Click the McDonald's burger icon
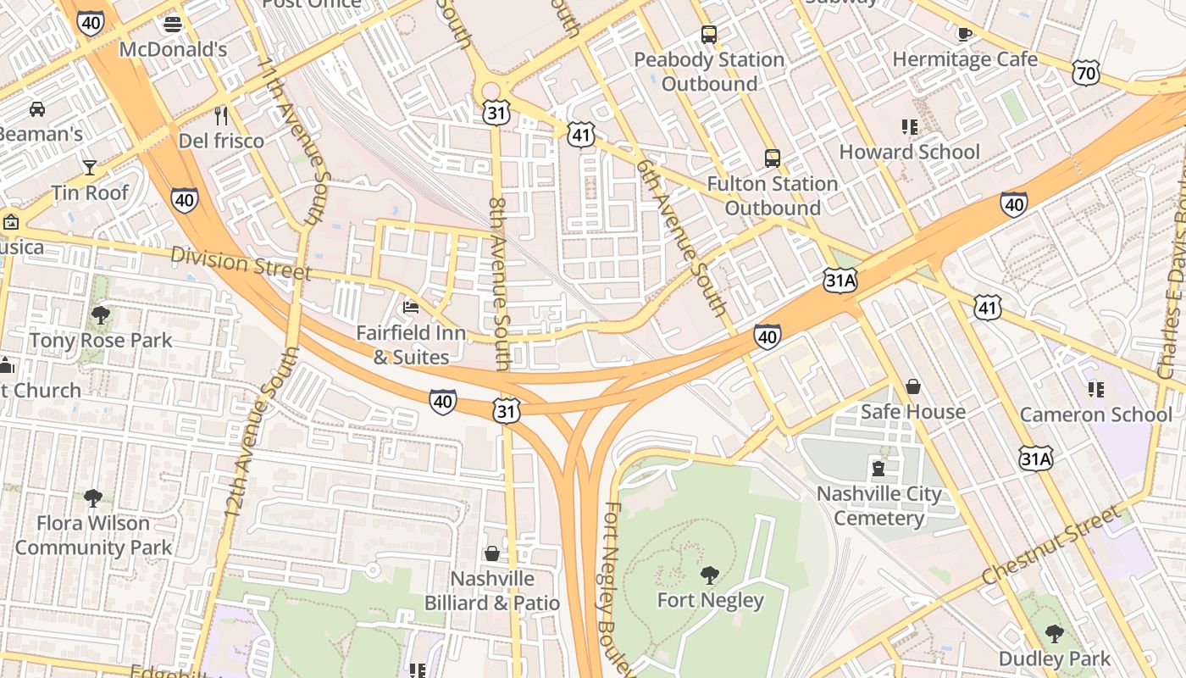pyautogui.click(x=173, y=24)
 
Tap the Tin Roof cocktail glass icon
pyautogui.click(x=89, y=167)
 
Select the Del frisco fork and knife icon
pyautogui.click(x=221, y=115)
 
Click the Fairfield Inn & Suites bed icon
pyautogui.click(x=411, y=307)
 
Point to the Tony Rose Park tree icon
pyautogui.click(x=100, y=315)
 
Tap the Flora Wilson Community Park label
pyautogui.click(x=93, y=536)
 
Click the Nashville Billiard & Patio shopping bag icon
pyautogui.click(x=491, y=553)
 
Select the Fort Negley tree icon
pyautogui.click(x=710, y=575)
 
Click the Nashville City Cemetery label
pyautogui.click(x=878, y=506)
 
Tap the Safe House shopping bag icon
pyautogui.click(x=912, y=386)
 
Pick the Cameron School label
pyautogui.click(x=1095, y=414)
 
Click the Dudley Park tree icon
pyautogui.click(x=1054, y=633)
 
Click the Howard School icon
pyautogui.click(x=909, y=127)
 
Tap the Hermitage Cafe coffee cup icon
pyautogui.click(x=964, y=34)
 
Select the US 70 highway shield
pyautogui.click(x=1085, y=73)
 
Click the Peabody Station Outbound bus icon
pyautogui.click(x=708, y=35)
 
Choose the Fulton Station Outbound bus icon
pyautogui.click(x=772, y=158)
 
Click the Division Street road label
pyautogui.click(x=241, y=263)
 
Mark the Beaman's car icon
pyautogui.click(x=36, y=108)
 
